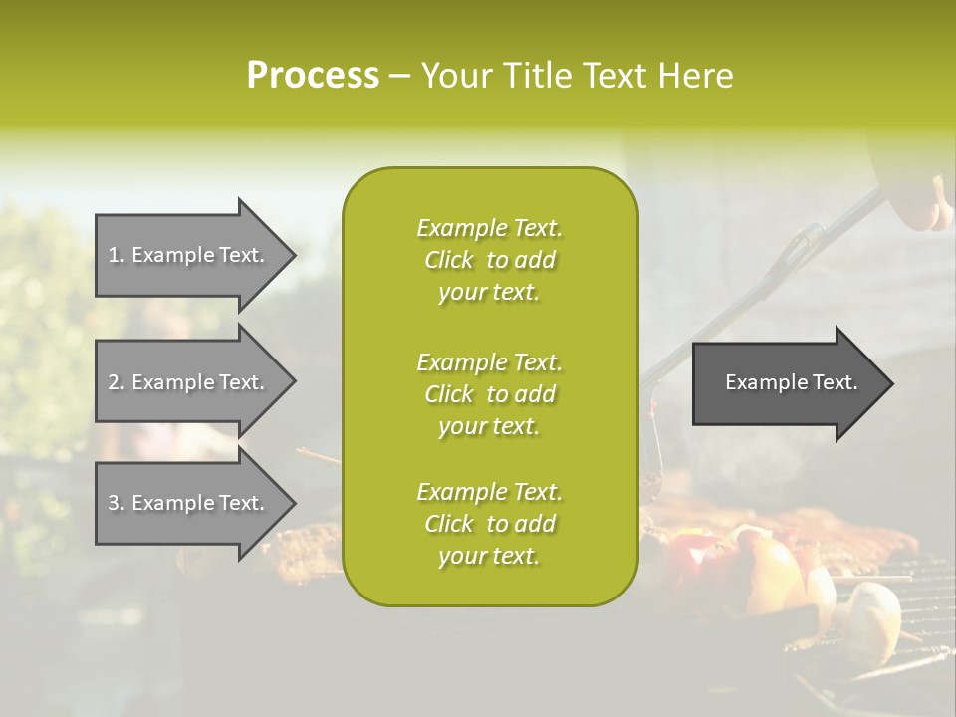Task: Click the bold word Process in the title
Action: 313,76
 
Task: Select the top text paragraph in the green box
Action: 489,260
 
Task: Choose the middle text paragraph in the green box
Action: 489,394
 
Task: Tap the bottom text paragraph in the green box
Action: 489,524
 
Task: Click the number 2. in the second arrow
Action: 117,382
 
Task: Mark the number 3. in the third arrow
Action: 117,503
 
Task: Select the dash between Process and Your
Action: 399,76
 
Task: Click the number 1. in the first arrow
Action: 117,255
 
